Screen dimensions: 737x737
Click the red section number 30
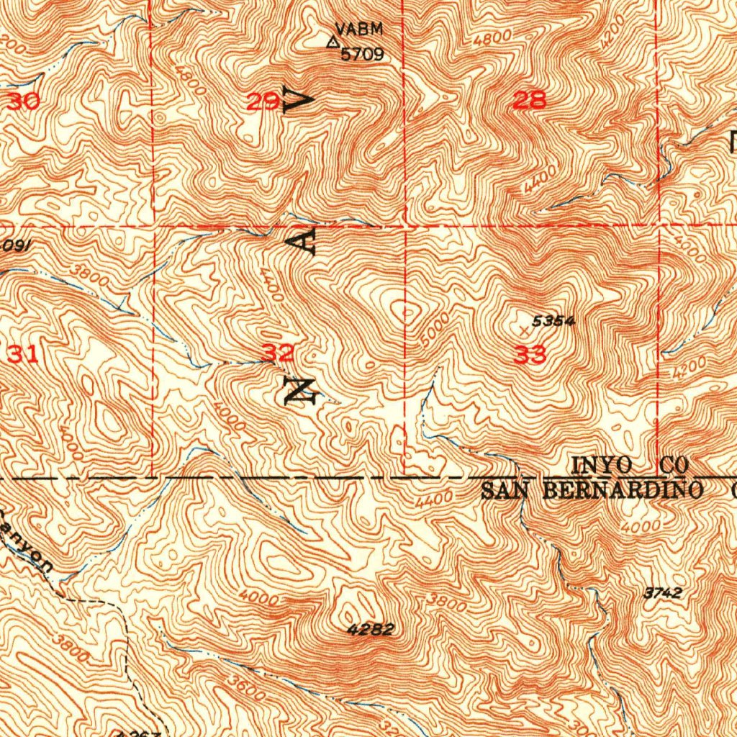(24, 101)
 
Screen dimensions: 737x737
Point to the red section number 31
(24, 353)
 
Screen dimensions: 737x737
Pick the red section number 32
(277, 353)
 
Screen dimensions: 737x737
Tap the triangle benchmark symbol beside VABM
(333, 42)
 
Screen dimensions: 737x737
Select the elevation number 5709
(362, 55)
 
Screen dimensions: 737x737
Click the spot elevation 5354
(553, 322)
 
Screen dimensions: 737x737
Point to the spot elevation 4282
(370, 630)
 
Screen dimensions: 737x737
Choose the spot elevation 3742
(661, 593)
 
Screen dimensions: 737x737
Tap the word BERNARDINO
(622, 491)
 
